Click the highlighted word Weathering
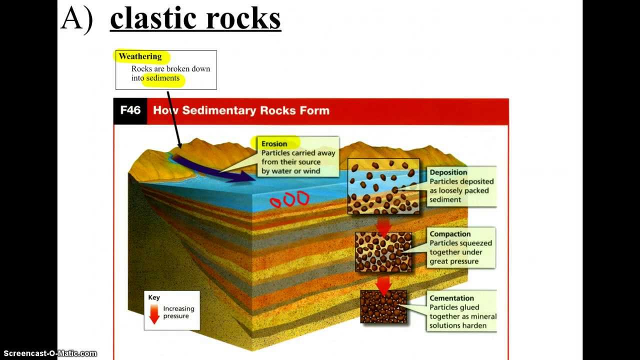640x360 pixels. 140,56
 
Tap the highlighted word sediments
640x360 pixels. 162,78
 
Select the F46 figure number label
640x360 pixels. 130,110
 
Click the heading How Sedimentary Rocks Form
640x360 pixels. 241,110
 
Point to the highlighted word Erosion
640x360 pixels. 274,144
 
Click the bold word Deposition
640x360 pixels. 448,172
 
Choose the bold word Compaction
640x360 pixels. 450,234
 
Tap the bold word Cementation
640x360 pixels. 451,298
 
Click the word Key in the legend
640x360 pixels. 154,297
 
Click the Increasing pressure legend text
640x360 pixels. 178,312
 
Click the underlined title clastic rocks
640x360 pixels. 195,19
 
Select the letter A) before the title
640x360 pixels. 76,19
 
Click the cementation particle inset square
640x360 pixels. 383,306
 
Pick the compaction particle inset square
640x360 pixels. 383,251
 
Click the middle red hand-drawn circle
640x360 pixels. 289,200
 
